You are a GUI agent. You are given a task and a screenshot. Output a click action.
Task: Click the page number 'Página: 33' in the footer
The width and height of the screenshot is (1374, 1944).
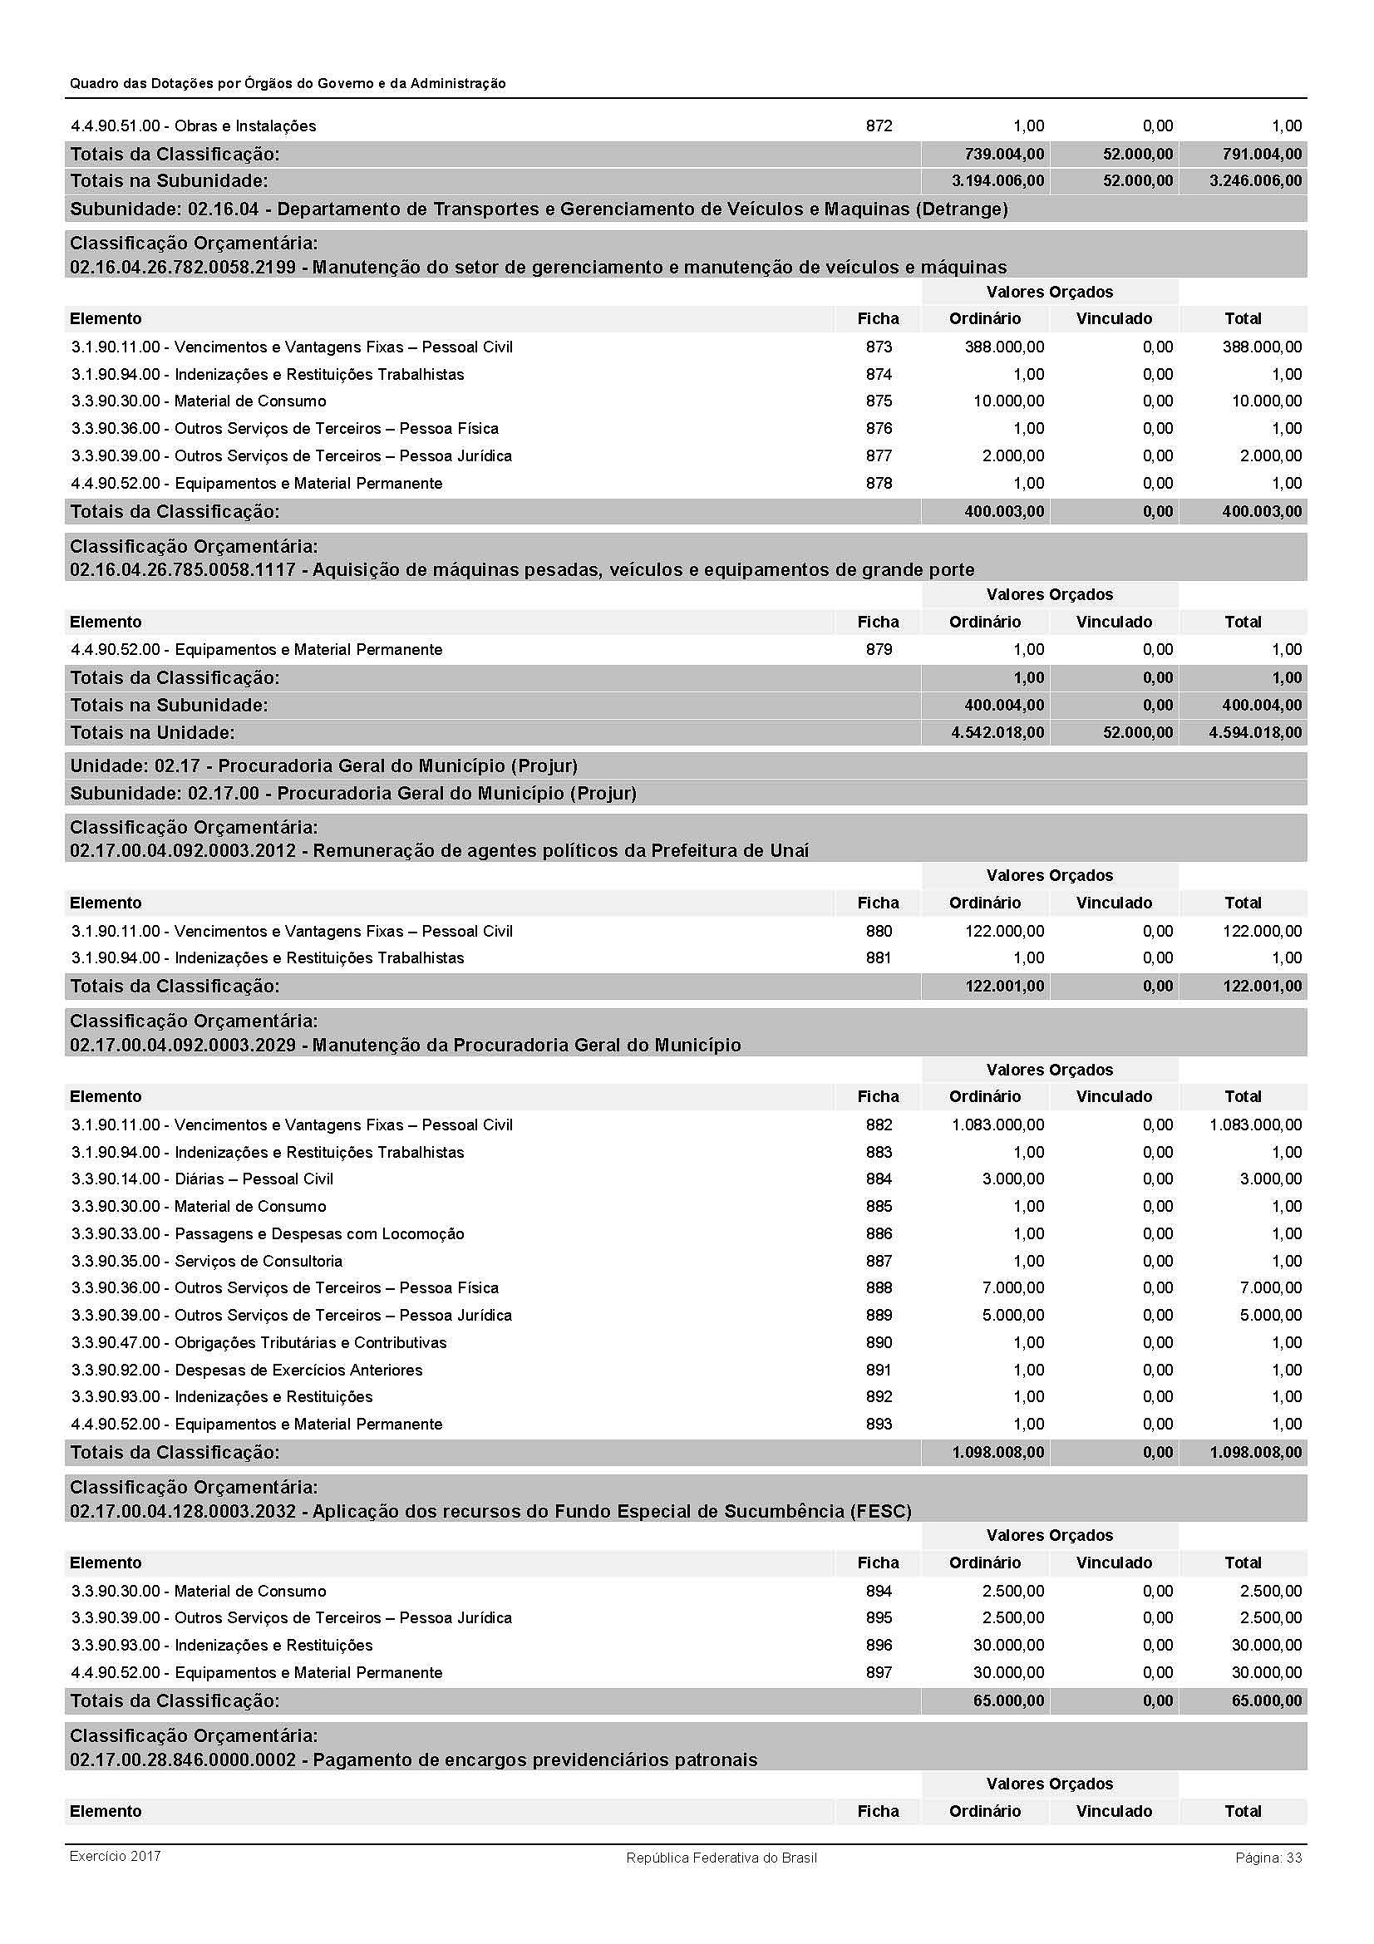click(1268, 1858)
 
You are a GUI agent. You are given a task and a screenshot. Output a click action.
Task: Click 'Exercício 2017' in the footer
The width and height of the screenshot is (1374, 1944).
click(116, 1856)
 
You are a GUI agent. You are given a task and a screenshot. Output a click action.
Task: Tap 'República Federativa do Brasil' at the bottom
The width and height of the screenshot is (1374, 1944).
click(721, 1858)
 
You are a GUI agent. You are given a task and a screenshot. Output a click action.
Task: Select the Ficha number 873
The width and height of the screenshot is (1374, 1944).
click(879, 347)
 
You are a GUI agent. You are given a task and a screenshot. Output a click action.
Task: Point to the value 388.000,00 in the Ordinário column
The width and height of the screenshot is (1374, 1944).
click(1004, 347)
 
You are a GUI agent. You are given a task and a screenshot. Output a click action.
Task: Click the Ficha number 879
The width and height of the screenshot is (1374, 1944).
click(879, 649)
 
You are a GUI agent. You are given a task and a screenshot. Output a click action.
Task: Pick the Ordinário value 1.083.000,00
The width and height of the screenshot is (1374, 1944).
click(997, 1125)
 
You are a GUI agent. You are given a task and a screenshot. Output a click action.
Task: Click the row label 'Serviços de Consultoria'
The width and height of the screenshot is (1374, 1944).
click(259, 1261)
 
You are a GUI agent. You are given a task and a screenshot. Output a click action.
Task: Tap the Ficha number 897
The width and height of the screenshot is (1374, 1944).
click(879, 1672)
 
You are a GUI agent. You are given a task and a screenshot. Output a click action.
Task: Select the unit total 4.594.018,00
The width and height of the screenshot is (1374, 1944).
click(1255, 732)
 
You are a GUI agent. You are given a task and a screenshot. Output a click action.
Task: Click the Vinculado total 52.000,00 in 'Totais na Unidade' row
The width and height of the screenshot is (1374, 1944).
click(1138, 732)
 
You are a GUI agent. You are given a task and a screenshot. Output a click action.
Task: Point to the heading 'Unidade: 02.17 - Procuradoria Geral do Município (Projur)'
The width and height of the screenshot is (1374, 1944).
click(323, 765)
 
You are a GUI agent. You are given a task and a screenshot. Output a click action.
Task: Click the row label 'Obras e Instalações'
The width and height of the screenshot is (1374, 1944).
click(244, 126)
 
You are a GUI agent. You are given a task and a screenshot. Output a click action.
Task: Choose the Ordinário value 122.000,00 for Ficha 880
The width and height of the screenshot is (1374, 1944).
click(1004, 932)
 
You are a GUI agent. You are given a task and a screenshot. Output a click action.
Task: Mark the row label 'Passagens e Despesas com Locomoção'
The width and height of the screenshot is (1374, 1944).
click(319, 1233)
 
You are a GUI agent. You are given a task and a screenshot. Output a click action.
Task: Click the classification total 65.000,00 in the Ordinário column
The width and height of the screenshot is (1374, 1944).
click(1008, 1700)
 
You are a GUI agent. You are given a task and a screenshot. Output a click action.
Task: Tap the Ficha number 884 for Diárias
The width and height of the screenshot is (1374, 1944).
click(879, 1179)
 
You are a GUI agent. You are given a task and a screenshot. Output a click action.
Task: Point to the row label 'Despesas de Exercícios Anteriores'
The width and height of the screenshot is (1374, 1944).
click(298, 1370)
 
